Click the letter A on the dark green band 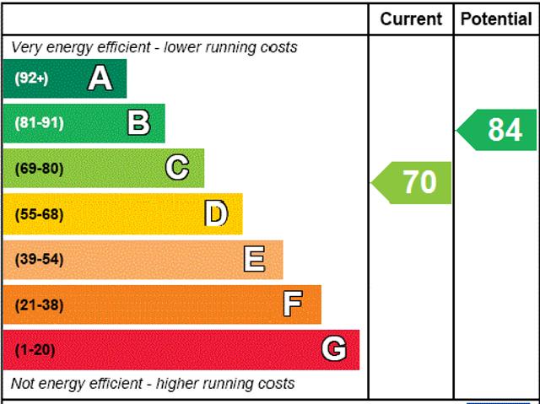100,78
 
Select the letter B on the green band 138,123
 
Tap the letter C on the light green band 177,168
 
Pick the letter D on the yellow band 217,213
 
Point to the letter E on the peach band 254,259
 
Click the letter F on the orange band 293,304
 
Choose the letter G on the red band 334,349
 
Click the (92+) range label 31,78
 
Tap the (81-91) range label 39,123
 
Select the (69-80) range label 39,169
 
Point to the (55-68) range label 39,214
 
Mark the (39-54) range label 39,259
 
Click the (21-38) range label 39,304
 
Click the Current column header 411,19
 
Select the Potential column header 496,19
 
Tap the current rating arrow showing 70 413,182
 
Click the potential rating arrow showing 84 499,130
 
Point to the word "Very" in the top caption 26,47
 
